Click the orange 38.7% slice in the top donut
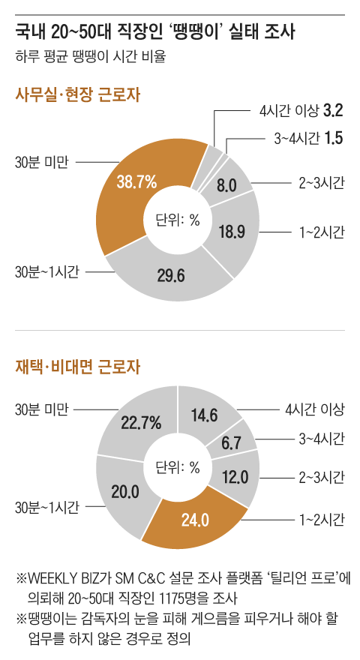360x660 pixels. pyautogui.click(x=136, y=181)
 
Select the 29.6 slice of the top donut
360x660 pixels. pyautogui.click(x=171, y=277)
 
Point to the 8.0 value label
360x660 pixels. pyautogui.click(x=226, y=184)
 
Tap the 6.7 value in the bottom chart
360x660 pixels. pyautogui.click(x=231, y=444)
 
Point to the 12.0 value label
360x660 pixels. pyautogui.click(x=233, y=477)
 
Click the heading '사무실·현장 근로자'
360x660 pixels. pyautogui.click(x=78, y=95)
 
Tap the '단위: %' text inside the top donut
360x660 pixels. pyautogui.click(x=178, y=220)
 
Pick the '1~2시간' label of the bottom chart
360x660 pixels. pyautogui.click(x=322, y=518)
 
